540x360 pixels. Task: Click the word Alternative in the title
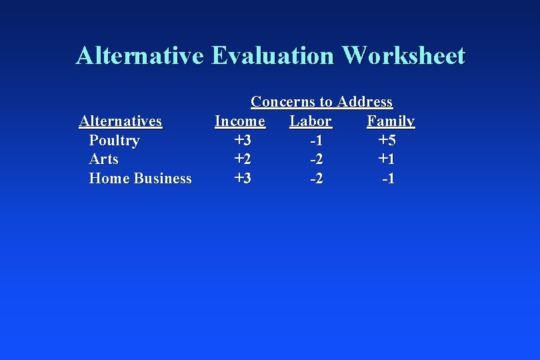140,55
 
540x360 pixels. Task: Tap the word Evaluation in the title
274,55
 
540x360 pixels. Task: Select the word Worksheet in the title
404,55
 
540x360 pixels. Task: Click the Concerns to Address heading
321,102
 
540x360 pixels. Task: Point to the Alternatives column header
120,121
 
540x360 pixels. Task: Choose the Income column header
240,121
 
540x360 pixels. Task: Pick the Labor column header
311,121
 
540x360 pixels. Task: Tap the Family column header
391,121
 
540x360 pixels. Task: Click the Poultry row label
114,141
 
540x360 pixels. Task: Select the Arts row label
103,159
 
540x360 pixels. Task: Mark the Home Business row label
140,179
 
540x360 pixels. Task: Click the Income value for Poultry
243,141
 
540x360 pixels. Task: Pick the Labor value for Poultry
316,141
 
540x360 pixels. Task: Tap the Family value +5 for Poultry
387,141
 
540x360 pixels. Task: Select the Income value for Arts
243,159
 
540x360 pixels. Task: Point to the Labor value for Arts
316,159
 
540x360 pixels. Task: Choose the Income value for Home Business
243,179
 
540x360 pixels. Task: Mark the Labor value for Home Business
316,179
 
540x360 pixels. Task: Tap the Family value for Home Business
388,179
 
